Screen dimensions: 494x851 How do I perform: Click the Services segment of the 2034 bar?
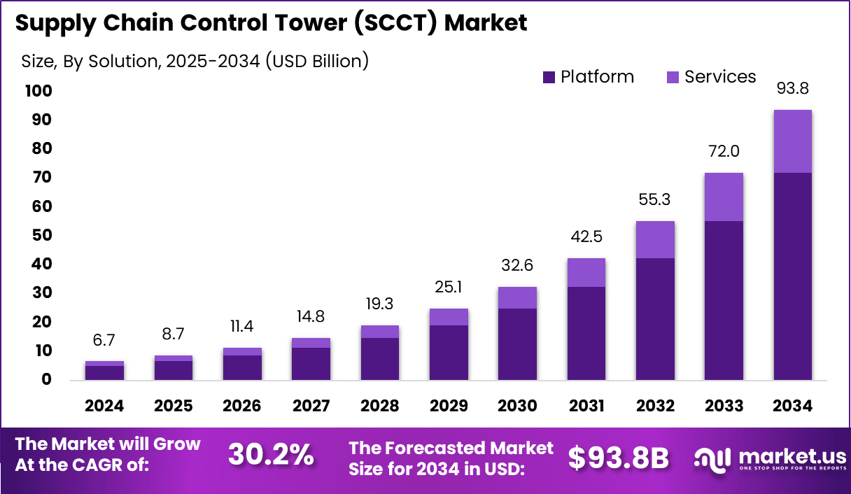point(792,141)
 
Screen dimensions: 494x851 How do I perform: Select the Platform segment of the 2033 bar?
point(724,300)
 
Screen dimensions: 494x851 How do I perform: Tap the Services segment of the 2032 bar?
point(655,240)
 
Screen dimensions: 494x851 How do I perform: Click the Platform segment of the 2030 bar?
point(518,344)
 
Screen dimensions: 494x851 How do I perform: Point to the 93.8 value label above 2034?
point(792,89)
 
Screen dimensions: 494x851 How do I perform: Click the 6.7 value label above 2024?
point(104,340)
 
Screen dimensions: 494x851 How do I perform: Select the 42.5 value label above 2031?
point(586,237)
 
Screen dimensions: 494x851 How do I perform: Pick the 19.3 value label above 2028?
point(379,304)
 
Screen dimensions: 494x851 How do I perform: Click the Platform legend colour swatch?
point(548,77)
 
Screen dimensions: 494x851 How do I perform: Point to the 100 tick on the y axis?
point(39,91)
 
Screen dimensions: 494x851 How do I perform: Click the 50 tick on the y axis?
point(43,235)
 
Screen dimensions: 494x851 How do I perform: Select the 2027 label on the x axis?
point(311,406)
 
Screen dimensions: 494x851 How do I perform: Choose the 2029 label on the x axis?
point(449,406)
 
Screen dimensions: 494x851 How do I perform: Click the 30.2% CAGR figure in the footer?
point(271,455)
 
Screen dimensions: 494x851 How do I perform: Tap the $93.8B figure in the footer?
point(618,457)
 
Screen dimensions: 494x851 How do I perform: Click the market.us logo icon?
point(712,458)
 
